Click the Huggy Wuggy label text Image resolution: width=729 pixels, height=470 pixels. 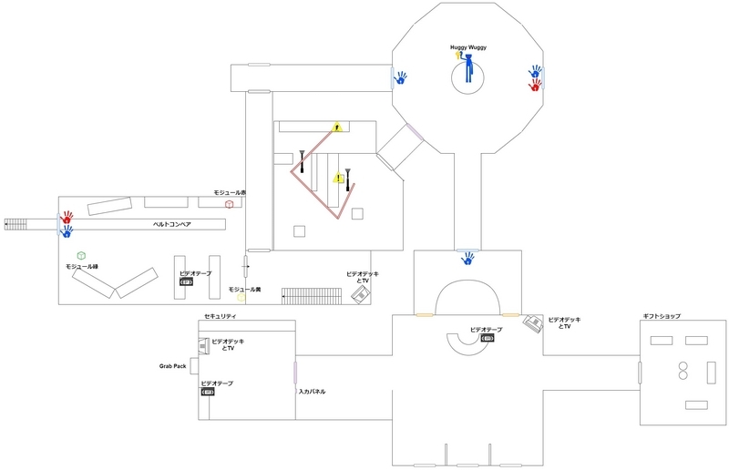(470, 47)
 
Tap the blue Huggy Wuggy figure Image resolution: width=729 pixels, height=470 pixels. (468, 68)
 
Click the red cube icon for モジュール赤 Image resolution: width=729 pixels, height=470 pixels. (230, 203)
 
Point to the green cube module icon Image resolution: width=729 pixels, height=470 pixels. (81, 255)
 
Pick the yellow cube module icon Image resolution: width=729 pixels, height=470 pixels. (241, 297)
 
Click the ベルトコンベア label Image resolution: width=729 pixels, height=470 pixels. (170, 223)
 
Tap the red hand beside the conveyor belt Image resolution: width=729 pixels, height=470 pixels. (67, 220)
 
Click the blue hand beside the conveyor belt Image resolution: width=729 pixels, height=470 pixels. (67, 232)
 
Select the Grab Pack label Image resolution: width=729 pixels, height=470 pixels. (175, 367)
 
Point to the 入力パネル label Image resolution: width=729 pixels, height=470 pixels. (312, 392)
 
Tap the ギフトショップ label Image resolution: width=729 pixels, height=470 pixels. (661, 316)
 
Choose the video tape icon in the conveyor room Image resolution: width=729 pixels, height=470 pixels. (187, 281)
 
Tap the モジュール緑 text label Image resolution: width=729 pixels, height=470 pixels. (82, 266)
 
